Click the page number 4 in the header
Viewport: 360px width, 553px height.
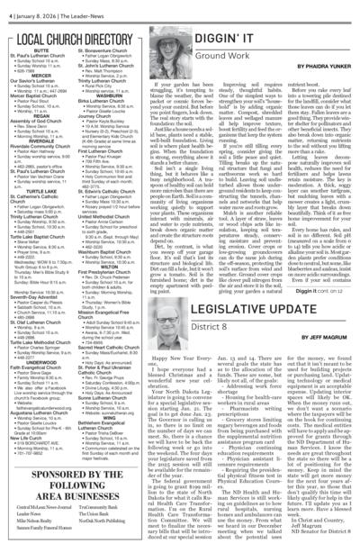pos(5,7)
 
